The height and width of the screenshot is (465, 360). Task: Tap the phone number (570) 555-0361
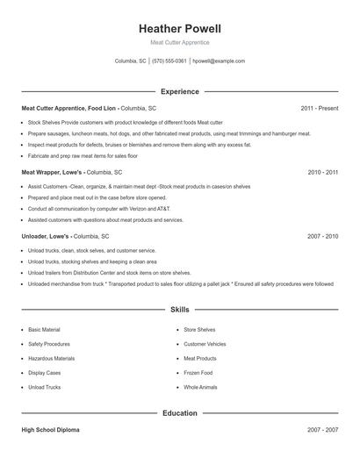click(169, 61)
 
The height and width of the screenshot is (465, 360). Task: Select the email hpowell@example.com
click(219, 61)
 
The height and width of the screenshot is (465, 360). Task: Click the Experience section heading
click(179, 91)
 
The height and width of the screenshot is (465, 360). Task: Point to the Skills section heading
click(179, 310)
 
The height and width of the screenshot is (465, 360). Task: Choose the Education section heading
click(179, 412)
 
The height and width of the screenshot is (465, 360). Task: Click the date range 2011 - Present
click(319, 108)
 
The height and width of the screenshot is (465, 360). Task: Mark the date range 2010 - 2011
click(322, 173)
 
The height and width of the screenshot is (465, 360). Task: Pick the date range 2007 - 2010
click(322, 237)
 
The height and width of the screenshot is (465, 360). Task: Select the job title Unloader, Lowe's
click(44, 237)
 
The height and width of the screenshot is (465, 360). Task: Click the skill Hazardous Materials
click(51, 358)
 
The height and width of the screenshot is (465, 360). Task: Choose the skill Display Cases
click(45, 373)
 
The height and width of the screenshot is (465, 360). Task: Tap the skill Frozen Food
click(198, 373)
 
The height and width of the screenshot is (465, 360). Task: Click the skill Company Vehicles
click(205, 344)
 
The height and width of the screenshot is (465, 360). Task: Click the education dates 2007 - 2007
click(322, 430)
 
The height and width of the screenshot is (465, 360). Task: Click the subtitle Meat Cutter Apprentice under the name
click(179, 42)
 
